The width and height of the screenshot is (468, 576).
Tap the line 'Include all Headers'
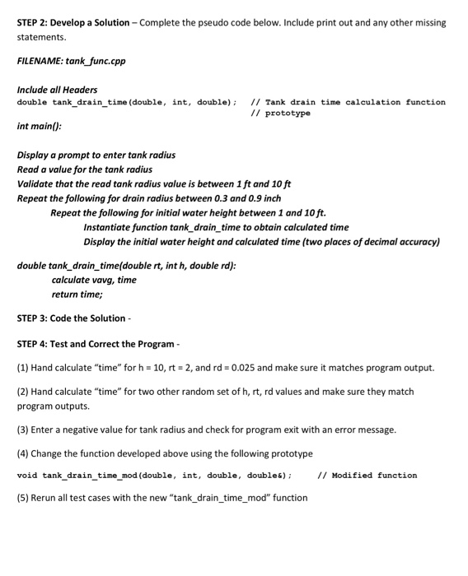pyautogui.click(x=57, y=90)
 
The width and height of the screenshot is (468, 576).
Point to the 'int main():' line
pyautogui.click(x=39, y=127)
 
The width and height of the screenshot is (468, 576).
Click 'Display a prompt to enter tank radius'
pyautogui.click(x=96, y=155)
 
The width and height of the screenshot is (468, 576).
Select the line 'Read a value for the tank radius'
pyautogui.click(x=84, y=170)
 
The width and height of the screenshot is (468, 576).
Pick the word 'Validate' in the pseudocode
pyautogui.click(x=36, y=184)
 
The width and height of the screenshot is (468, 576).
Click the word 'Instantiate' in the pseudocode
pyautogui.click(x=110, y=227)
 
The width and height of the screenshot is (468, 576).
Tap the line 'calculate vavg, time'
pyautogui.click(x=94, y=280)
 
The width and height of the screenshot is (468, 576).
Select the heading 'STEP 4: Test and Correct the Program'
pyautogui.click(x=96, y=344)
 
